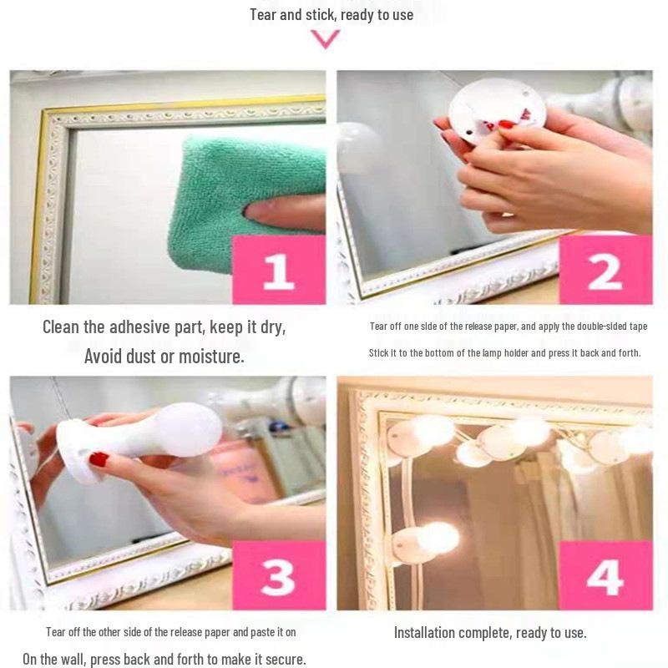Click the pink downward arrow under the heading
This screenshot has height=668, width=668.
click(x=325, y=38)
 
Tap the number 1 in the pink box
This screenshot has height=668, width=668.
click(x=279, y=270)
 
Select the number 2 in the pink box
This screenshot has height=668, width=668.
click(x=605, y=270)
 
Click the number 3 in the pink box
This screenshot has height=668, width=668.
click(x=279, y=576)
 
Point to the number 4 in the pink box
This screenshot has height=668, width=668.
click(x=605, y=576)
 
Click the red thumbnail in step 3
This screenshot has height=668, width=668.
click(x=99, y=458)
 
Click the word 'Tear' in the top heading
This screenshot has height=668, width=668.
click(x=264, y=15)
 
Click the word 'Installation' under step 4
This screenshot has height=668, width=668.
click(x=427, y=632)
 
